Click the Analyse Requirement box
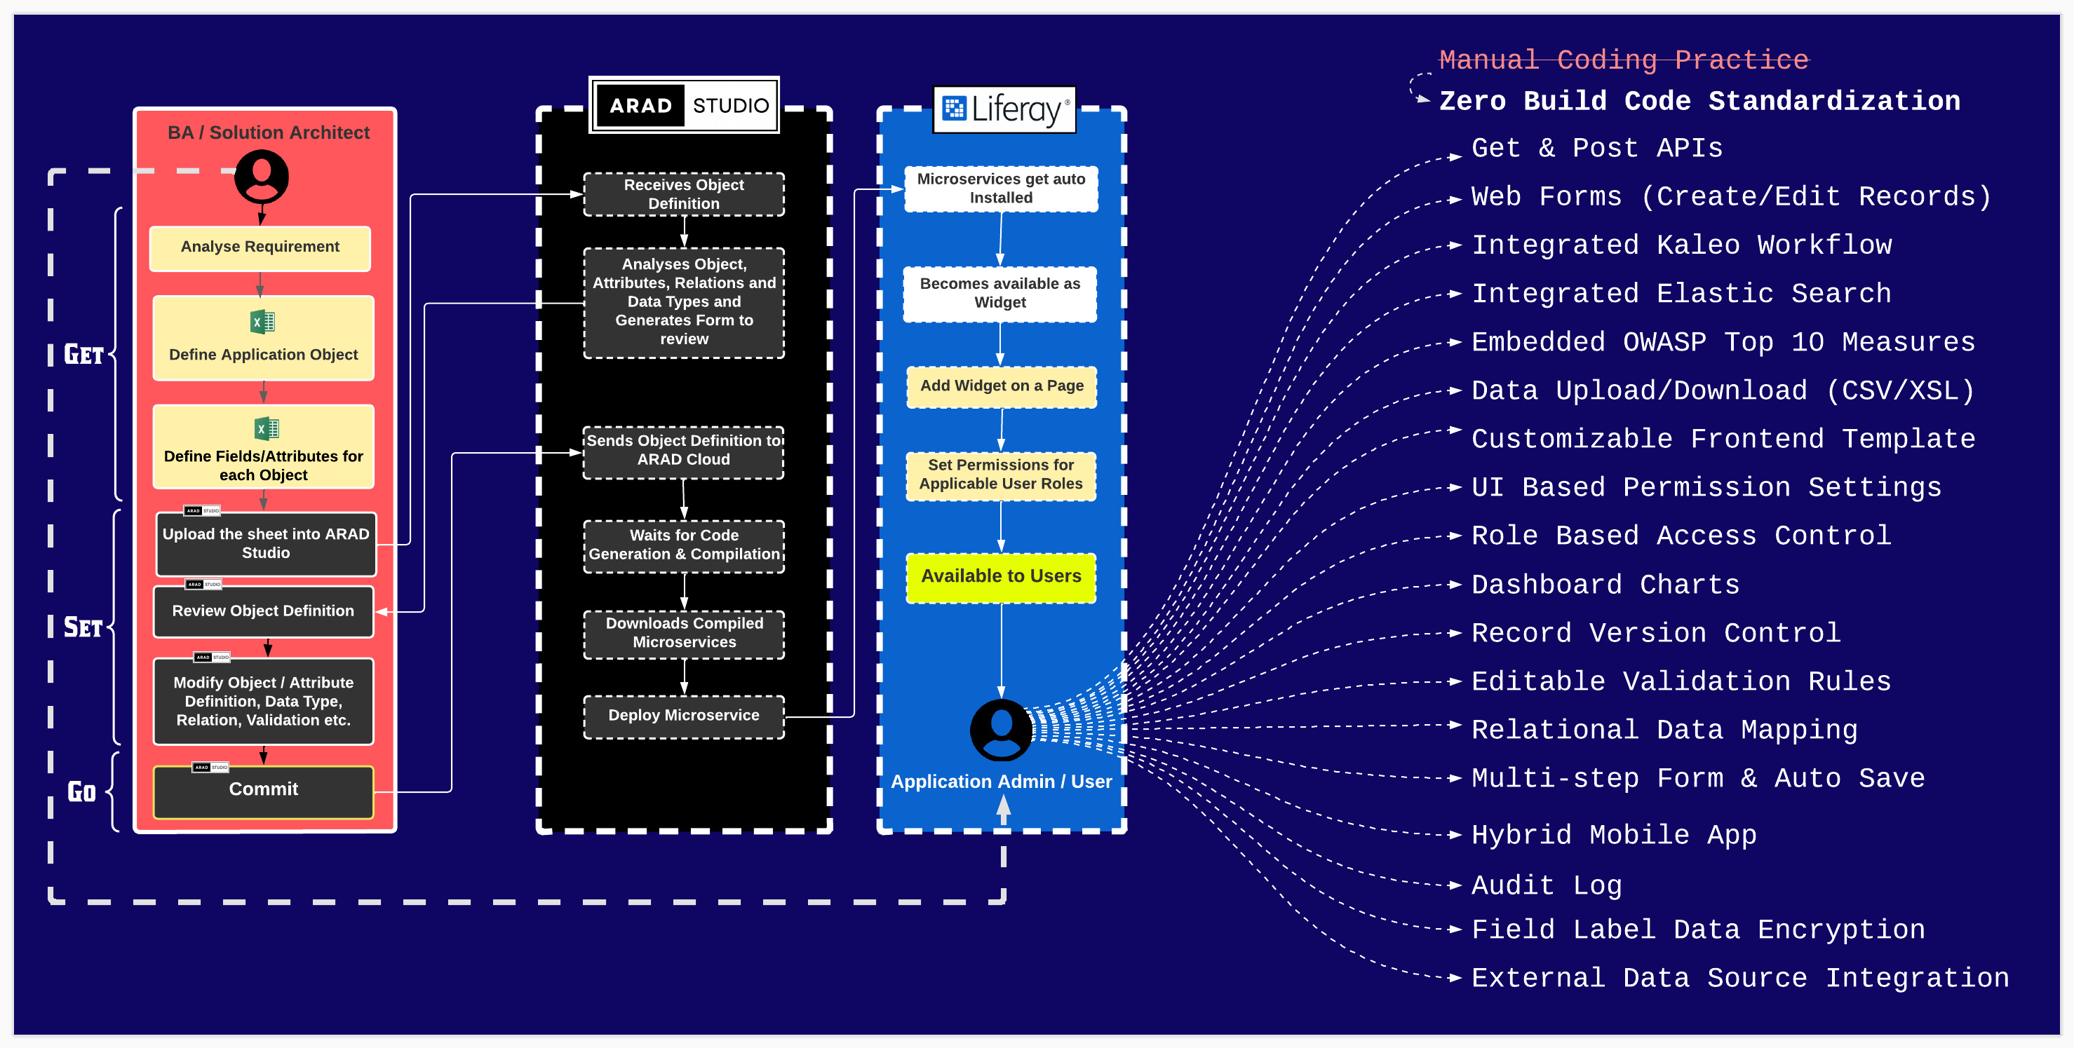click(x=260, y=247)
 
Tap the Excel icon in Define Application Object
click(x=262, y=322)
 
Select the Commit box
click(x=263, y=789)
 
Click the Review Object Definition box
click(x=263, y=611)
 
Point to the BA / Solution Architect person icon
click(x=261, y=178)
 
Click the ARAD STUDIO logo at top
click(x=685, y=105)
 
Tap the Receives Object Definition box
click(x=684, y=194)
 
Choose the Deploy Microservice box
click(x=684, y=716)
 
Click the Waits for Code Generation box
click(x=684, y=545)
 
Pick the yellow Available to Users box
click(x=1001, y=576)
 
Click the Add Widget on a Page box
click(x=1002, y=386)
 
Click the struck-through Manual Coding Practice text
click(x=1623, y=60)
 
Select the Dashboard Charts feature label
click(x=1605, y=585)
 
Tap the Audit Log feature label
click(x=1546, y=885)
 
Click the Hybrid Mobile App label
click(x=1613, y=836)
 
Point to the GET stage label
click(x=83, y=354)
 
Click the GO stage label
click(x=81, y=792)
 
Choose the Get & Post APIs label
click(x=1596, y=149)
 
